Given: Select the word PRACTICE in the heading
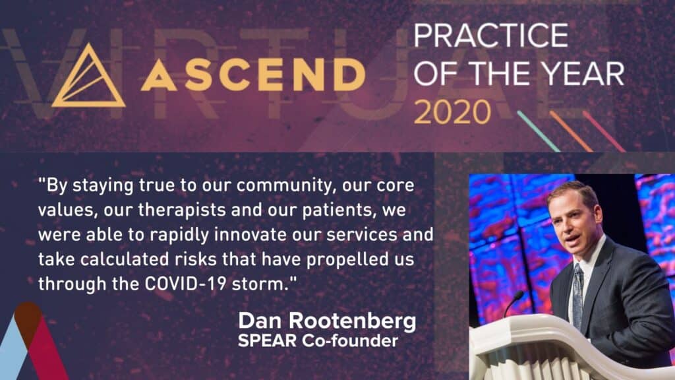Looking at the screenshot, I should point(490,35).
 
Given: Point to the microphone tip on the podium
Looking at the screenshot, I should point(520,295).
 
